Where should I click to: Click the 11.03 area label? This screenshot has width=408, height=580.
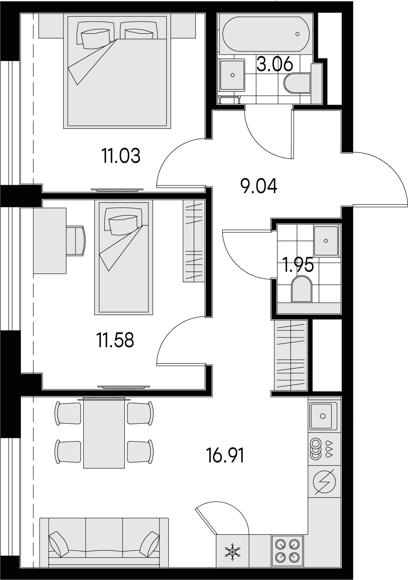pyautogui.click(x=121, y=156)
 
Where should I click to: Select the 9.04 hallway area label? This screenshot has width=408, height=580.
pyautogui.click(x=259, y=186)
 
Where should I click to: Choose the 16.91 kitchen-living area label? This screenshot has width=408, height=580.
pyautogui.click(x=225, y=456)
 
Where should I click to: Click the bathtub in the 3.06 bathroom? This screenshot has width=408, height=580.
pyautogui.click(x=266, y=34)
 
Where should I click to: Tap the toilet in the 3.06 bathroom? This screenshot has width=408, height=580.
pyautogui.click(x=297, y=83)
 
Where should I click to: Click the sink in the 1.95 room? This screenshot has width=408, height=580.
pyautogui.click(x=326, y=240)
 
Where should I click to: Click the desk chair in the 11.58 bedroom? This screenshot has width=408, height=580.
pyautogui.click(x=76, y=241)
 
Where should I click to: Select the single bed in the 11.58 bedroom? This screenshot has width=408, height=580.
pyautogui.click(x=124, y=257)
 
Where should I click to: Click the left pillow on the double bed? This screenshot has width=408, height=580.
pyautogui.click(x=95, y=35)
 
